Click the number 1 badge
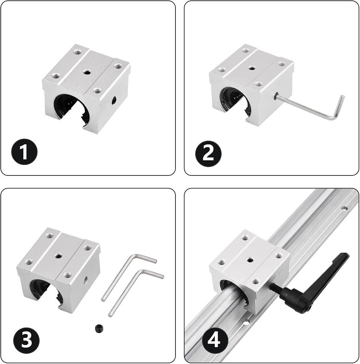coord(24,152)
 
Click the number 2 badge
coord(208,154)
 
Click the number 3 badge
coord(26,340)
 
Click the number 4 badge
coord(214,341)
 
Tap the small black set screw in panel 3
coord(99,328)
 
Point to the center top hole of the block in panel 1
coord(87,73)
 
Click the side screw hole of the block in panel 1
coord(114,100)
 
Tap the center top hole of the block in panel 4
coord(250,260)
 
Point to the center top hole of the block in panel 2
coord(252,68)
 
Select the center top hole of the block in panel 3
coord(58,256)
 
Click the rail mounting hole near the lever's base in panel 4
coord(246,322)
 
